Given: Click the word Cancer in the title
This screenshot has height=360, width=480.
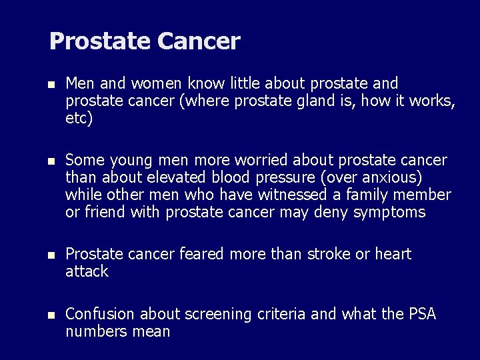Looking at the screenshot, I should pos(199,41).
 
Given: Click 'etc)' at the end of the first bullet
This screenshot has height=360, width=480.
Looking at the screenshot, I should pos(79,119).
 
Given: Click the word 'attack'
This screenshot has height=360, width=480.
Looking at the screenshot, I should pos(87,271).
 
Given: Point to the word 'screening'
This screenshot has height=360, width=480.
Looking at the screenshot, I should pos(215,314).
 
